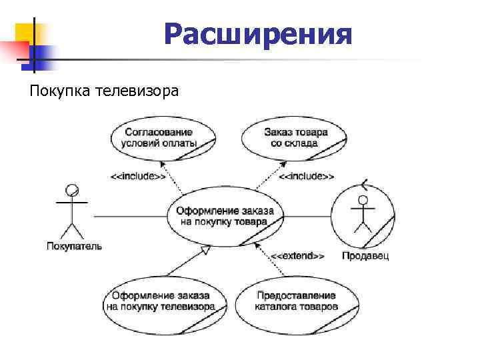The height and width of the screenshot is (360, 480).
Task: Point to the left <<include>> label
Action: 138,177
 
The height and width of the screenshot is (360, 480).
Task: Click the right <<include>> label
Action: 306,177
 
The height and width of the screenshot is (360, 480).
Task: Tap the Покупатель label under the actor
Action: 74,246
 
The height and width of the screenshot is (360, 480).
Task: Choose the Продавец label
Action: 365,255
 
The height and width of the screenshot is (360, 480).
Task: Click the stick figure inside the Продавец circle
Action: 363,213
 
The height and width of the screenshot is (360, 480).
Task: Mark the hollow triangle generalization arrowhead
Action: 205,250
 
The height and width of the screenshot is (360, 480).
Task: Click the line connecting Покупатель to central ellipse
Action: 130,216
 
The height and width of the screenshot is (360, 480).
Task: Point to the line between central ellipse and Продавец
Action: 307,216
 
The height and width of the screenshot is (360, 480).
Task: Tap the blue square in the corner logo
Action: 43,54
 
